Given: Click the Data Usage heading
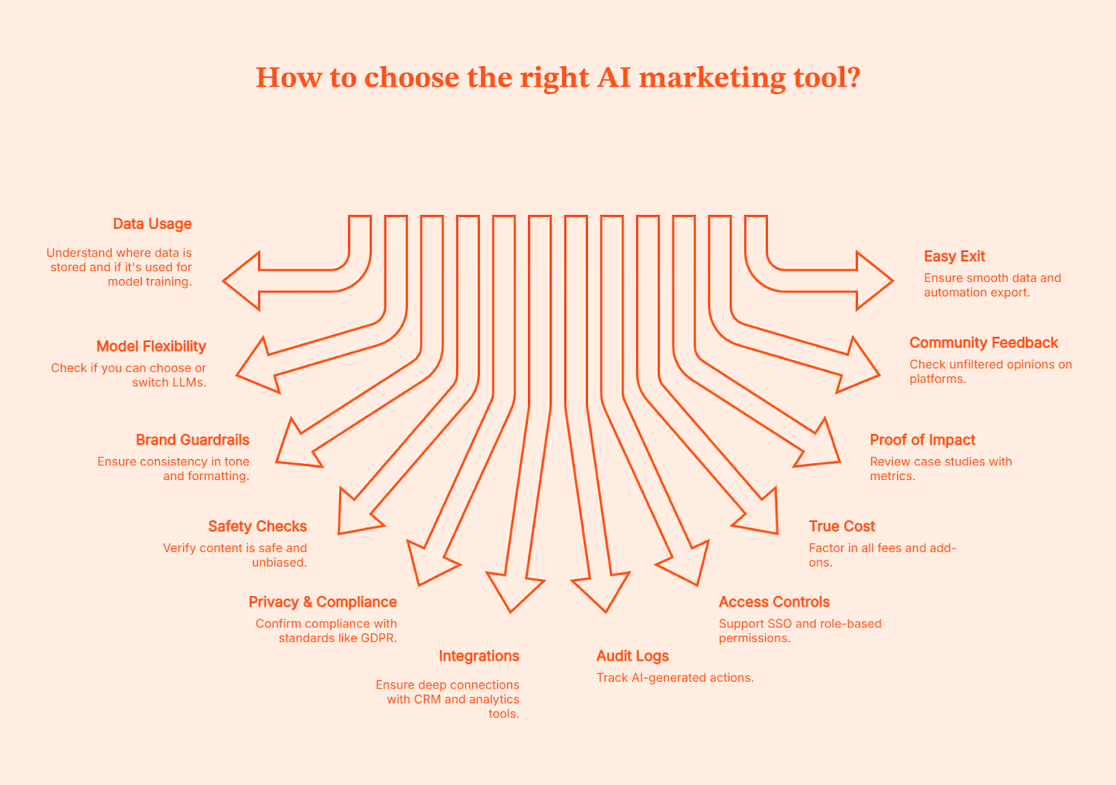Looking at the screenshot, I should click(x=152, y=224).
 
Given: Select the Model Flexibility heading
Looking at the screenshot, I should click(x=151, y=346).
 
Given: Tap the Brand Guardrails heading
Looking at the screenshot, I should click(x=193, y=440).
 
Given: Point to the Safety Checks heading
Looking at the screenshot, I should click(x=257, y=526).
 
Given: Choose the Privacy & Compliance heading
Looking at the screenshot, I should click(x=322, y=601).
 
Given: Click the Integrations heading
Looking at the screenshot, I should click(x=478, y=656).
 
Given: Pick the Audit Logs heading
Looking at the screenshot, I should click(x=633, y=656).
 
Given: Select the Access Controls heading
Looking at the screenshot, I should click(x=774, y=601).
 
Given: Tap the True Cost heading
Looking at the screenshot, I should click(x=842, y=526).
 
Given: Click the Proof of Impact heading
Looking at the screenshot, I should click(x=922, y=440).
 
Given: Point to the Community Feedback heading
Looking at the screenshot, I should click(x=983, y=343).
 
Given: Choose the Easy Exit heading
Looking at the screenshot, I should click(x=954, y=256).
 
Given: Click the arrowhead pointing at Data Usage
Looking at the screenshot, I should click(x=243, y=281).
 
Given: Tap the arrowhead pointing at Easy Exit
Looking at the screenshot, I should click(x=873, y=281).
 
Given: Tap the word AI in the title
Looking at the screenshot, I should click(x=614, y=77).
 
